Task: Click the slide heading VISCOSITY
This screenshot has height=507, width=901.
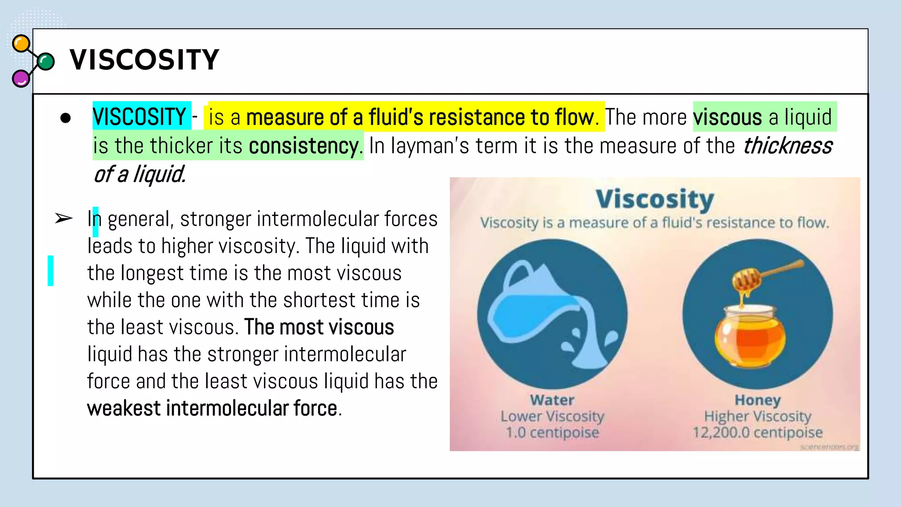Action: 144,60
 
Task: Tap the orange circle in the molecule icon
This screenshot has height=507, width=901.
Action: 21,44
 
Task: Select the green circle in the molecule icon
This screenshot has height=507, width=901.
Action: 45,62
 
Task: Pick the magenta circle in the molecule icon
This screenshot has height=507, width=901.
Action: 20,79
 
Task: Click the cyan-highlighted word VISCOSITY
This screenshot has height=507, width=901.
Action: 139,117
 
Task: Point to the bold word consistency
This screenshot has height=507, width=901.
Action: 304,146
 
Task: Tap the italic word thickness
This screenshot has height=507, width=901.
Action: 787,146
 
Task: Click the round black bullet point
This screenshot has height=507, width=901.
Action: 66,118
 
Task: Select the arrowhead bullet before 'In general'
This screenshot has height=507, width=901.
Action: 63,218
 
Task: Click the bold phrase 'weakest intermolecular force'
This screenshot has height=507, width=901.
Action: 212,408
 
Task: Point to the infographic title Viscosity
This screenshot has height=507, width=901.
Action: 655,199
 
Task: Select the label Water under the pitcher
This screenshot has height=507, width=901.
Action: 552,400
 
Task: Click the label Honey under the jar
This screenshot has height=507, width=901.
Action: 758,400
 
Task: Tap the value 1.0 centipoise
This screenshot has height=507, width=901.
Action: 552,433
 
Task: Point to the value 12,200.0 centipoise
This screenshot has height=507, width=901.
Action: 758,433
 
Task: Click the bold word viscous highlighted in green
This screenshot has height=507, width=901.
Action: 727,118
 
